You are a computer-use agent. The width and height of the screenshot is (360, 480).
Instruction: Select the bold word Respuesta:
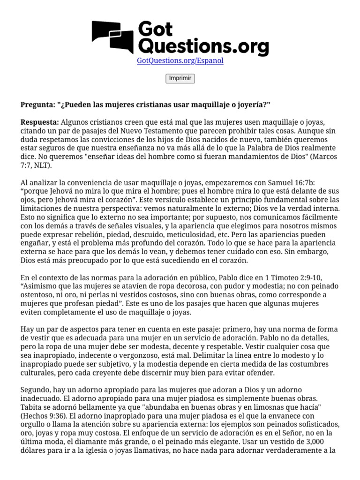40,122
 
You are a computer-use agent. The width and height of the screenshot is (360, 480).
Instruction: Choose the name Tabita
31,407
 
